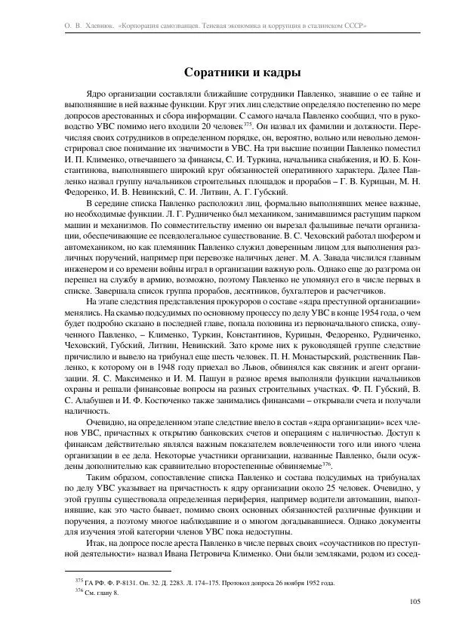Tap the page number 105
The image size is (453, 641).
[414, 601]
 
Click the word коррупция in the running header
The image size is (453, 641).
[291, 26]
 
